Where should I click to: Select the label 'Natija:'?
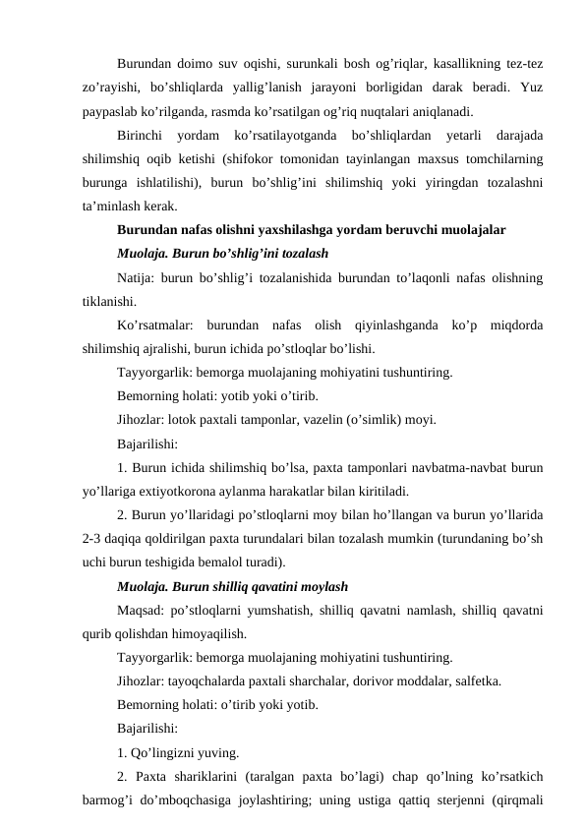pyautogui.click(x=136, y=277)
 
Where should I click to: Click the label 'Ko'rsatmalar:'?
pyautogui.click(x=155, y=325)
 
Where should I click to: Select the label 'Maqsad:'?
pyautogui.click(x=141, y=609)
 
